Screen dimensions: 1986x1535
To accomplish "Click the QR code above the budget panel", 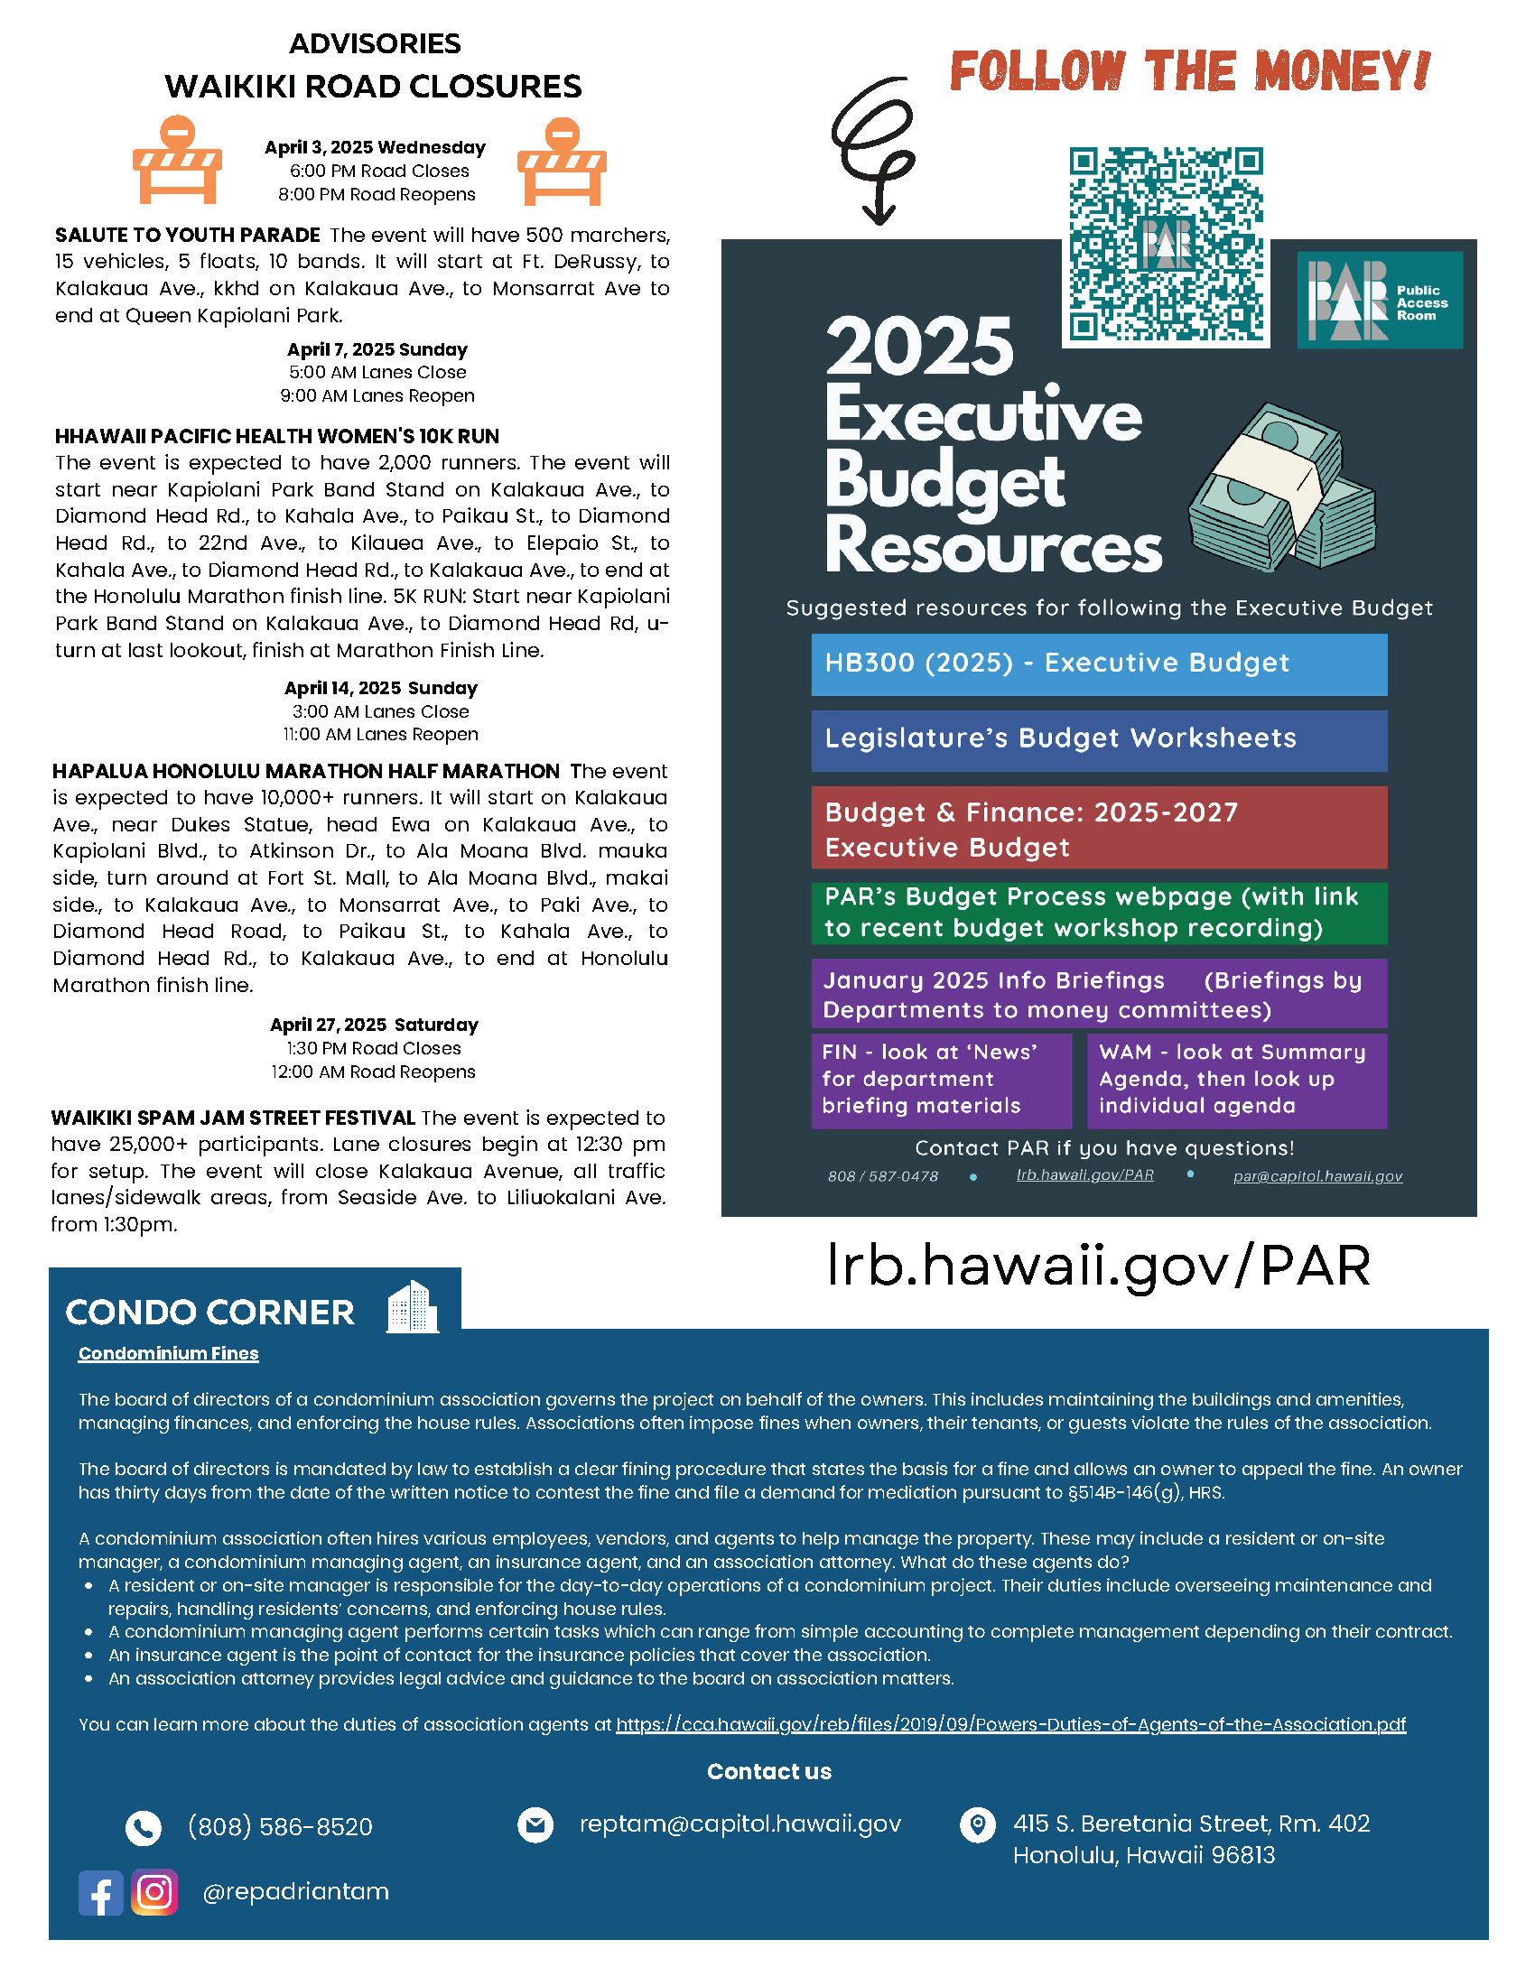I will (1166, 244).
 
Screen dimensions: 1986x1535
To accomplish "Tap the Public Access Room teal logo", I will (1380, 299).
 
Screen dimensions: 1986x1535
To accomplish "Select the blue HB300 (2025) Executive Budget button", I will (1099, 664).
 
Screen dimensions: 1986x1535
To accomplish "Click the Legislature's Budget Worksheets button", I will (1099, 740).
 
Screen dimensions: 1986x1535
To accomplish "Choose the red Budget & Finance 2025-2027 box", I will (1099, 828).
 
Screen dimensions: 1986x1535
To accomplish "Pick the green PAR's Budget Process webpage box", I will (1099, 913).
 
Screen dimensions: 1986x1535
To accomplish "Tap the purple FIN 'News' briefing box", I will (941, 1081).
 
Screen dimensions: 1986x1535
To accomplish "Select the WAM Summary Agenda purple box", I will (1237, 1081).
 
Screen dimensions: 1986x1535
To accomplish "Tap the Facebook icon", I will (100, 1893).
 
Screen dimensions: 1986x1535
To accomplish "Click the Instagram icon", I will (154, 1892).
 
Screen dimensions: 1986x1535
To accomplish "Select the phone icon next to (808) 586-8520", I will (144, 1828).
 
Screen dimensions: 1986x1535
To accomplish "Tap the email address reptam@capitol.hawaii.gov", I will (740, 1824).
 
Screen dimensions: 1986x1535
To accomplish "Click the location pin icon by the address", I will (978, 1825).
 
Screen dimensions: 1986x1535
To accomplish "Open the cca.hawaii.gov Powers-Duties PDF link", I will (1010, 1725).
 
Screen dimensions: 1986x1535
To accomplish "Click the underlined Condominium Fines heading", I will (168, 1354).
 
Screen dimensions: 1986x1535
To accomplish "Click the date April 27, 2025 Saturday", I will (374, 1025).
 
